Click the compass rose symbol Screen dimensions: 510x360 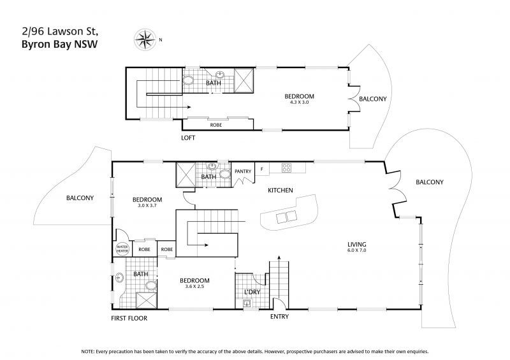point(145,40)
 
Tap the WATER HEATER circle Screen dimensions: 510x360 point(122,249)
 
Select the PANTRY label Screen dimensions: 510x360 point(243,171)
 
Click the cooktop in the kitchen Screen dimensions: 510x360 point(286,168)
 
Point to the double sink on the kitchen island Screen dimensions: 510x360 point(286,216)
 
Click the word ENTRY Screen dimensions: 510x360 point(279,317)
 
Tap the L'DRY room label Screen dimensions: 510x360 point(252,292)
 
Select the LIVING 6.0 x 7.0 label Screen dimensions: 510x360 point(357,247)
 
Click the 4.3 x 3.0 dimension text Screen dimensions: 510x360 point(299,102)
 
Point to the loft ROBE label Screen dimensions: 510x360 point(216,125)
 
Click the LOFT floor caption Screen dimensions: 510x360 point(188,138)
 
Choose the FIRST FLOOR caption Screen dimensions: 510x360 point(129,319)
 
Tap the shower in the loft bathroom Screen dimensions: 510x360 point(244,80)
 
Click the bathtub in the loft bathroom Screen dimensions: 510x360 point(187,80)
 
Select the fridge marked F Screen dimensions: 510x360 point(262,169)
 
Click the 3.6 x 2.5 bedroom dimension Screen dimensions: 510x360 point(194,287)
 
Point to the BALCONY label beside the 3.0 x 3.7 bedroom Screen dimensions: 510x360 point(80,198)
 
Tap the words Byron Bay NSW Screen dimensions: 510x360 point(59,44)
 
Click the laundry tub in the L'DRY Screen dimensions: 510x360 point(247,304)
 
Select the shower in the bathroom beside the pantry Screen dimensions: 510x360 point(186,175)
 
